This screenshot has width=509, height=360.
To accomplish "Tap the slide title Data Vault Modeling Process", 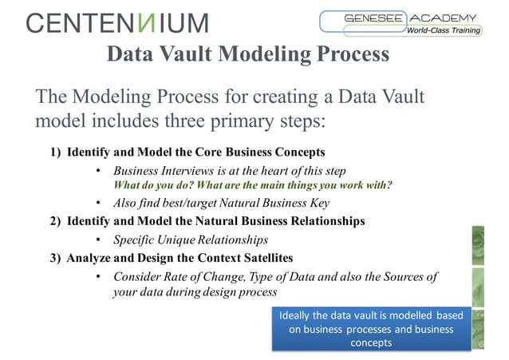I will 247,54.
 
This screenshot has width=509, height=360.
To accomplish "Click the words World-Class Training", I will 444,30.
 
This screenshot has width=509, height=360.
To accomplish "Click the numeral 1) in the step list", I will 57,152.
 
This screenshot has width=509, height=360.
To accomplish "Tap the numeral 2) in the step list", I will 57,220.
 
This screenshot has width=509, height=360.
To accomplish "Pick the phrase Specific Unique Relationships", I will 191,239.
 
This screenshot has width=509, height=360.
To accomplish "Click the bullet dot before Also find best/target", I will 97,203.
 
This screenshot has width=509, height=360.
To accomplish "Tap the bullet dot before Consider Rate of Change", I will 97,278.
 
